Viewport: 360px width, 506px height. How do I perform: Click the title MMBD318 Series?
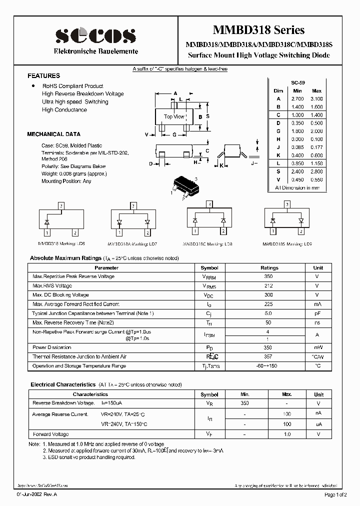pos(258,30)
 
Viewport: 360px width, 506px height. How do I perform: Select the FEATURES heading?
pos(43,76)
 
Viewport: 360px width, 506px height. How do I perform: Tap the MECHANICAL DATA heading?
pos(53,134)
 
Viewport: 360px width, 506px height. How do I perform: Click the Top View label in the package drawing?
pos(173,116)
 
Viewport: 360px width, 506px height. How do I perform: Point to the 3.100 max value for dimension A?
pos(316,99)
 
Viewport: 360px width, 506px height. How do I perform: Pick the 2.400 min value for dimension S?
pos(297,171)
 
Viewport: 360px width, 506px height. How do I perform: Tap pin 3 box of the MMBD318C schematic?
pos(208,204)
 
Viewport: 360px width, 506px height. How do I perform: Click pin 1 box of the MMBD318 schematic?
pos(46,233)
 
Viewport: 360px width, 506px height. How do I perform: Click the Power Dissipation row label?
pos(52,347)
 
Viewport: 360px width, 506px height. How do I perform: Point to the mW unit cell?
pos(316,347)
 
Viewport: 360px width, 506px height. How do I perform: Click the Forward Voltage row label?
pos(50,434)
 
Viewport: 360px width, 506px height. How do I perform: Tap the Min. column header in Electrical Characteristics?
pos(244,394)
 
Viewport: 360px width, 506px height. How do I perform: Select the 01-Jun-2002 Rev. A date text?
pos(36,495)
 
